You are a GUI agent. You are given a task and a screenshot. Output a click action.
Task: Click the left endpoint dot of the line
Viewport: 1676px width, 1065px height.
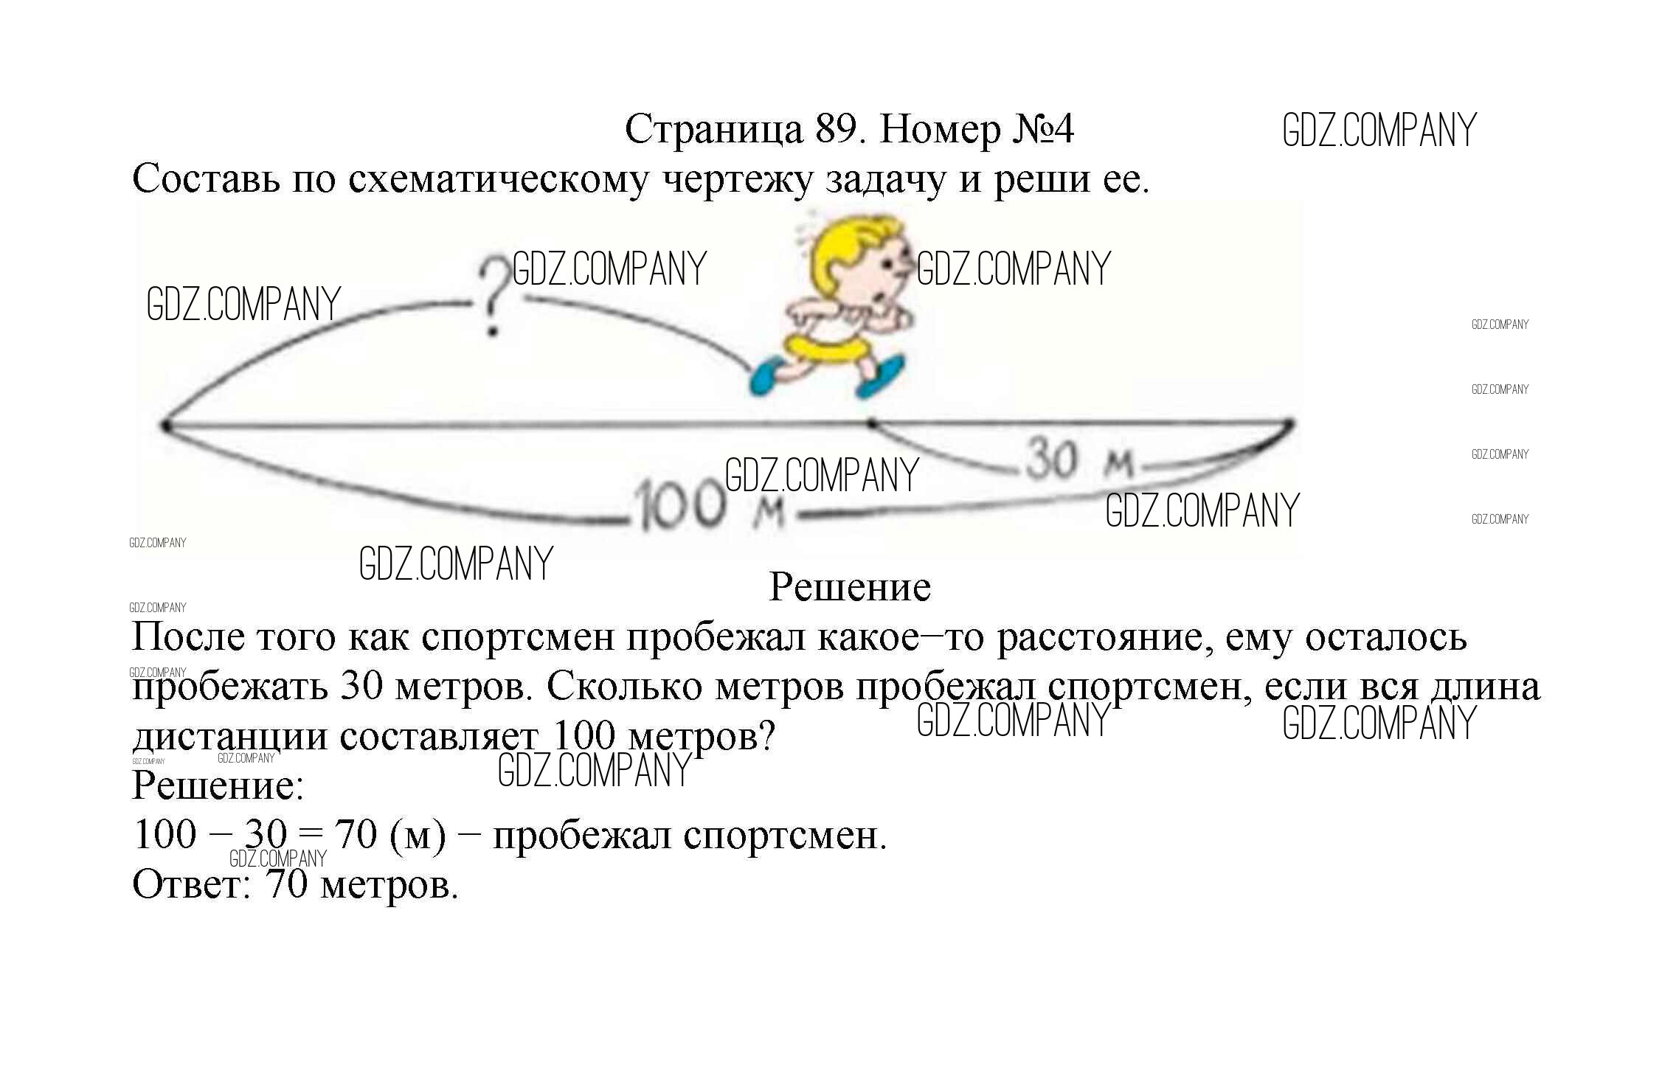(x=165, y=425)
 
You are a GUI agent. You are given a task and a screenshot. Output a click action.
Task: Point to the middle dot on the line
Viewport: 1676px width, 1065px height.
(x=872, y=424)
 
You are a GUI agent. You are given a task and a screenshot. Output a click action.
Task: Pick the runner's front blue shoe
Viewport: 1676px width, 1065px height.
(x=881, y=377)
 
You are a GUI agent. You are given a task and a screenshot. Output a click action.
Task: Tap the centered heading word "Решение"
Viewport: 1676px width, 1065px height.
(x=850, y=588)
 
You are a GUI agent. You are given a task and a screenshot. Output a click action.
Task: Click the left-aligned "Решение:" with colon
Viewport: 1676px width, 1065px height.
(x=218, y=785)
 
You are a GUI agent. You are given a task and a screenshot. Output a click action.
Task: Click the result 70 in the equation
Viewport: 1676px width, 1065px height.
(x=356, y=835)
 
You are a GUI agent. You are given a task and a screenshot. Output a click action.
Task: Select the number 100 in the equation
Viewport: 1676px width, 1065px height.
(x=165, y=835)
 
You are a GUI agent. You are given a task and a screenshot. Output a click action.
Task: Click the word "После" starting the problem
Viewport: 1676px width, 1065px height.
(x=188, y=636)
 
